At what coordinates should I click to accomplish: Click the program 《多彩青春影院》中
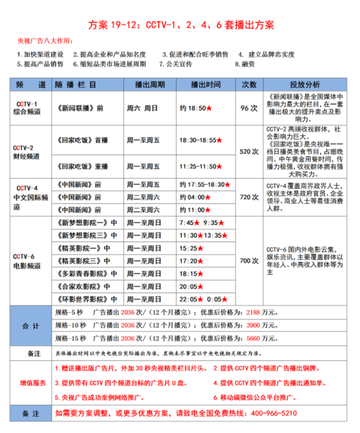[x=85, y=273]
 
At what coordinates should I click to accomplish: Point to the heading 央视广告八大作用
[x=45, y=41]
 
